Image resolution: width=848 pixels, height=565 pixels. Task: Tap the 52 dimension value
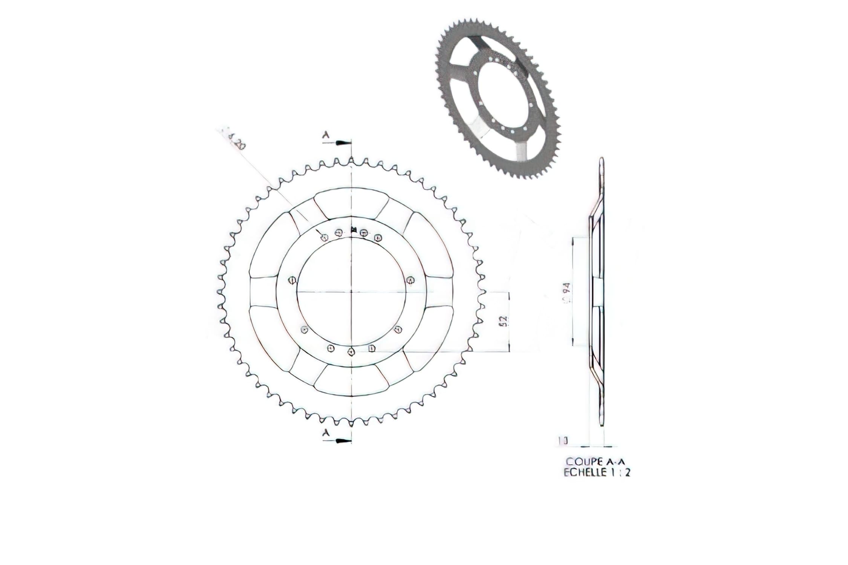click(x=505, y=321)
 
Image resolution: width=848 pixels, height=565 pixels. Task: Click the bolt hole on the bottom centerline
click(x=351, y=351)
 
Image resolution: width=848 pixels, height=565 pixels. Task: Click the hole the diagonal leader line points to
click(x=324, y=237)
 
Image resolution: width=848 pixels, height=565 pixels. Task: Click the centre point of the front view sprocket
click(x=351, y=291)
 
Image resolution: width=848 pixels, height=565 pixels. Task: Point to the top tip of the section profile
click(x=602, y=160)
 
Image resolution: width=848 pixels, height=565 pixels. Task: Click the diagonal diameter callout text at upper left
click(x=234, y=138)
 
